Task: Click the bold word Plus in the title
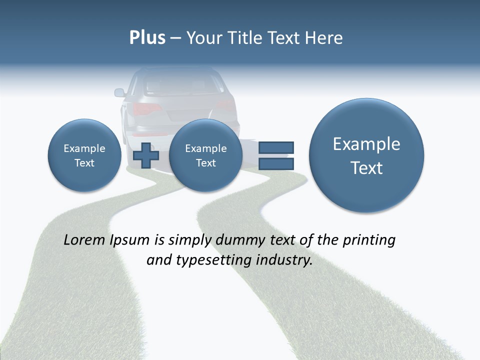click(x=147, y=38)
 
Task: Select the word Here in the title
click(x=325, y=38)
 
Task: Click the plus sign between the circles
click(x=145, y=155)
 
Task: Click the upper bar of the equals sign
click(x=276, y=147)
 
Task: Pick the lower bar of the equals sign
click(x=276, y=163)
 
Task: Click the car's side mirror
click(x=119, y=92)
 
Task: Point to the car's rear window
click(x=183, y=84)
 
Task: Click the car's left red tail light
click(x=146, y=108)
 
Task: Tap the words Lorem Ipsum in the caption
click(x=106, y=240)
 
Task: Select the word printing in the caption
click(x=368, y=240)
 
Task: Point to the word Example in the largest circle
click(x=366, y=144)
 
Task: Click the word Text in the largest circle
click(x=366, y=168)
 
